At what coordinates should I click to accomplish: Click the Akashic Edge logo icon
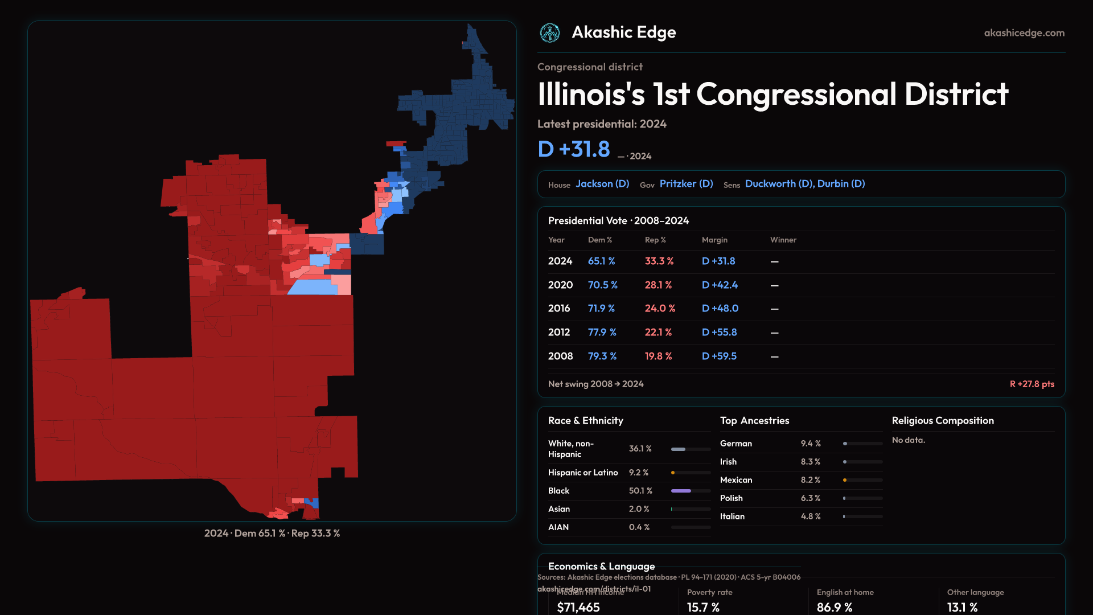pyautogui.click(x=550, y=33)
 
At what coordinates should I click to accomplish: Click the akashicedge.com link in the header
pyautogui.click(x=1024, y=33)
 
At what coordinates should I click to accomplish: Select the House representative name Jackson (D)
pyautogui.click(x=602, y=184)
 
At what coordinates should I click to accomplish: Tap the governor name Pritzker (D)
pyautogui.click(x=686, y=184)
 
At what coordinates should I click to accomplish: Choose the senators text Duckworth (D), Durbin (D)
pyautogui.click(x=805, y=184)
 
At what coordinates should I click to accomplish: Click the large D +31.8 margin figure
pyautogui.click(x=574, y=149)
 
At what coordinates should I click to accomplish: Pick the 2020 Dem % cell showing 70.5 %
pyautogui.click(x=603, y=285)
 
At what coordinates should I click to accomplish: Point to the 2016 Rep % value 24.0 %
pyautogui.click(x=660, y=308)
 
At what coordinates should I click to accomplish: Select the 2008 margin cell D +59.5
pyautogui.click(x=719, y=356)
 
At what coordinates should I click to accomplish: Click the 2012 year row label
pyautogui.click(x=559, y=332)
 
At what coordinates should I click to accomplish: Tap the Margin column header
pyautogui.click(x=714, y=240)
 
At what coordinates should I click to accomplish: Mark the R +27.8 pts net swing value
pyautogui.click(x=1032, y=384)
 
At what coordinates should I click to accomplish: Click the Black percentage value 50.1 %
pyautogui.click(x=640, y=491)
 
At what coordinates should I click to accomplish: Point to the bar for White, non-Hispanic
pyautogui.click(x=691, y=449)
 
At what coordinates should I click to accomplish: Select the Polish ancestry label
pyautogui.click(x=732, y=498)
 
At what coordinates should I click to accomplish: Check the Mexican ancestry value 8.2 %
pyautogui.click(x=811, y=480)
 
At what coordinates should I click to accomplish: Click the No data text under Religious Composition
pyautogui.click(x=909, y=440)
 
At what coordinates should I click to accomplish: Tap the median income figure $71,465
pyautogui.click(x=578, y=608)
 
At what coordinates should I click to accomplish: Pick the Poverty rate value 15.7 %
pyautogui.click(x=703, y=608)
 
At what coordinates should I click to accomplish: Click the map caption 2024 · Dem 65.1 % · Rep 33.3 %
pyautogui.click(x=272, y=534)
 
